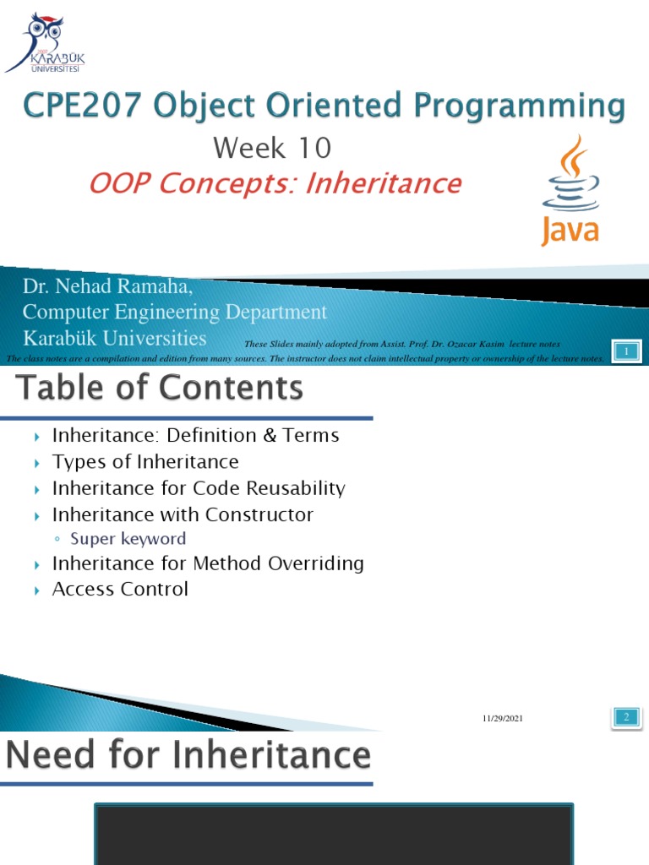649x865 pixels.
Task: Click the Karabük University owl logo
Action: (x=45, y=42)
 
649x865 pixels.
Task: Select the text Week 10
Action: (x=272, y=149)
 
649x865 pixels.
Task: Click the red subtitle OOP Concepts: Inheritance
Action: (x=275, y=183)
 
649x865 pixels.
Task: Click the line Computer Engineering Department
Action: (x=174, y=313)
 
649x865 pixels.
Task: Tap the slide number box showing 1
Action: (x=626, y=351)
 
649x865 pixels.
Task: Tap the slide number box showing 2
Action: (x=626, y=718)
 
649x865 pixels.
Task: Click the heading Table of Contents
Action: (x=159, y=388)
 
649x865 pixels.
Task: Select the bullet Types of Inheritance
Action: (x=145, y=462)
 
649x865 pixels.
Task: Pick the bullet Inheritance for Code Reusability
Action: (x=199, y=488)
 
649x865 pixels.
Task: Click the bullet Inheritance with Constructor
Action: (x=183, y=514)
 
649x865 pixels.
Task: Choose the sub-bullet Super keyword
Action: (x=128, y=539)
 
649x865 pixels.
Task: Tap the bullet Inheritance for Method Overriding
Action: (x=208, y=563)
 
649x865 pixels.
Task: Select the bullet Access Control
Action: (x=120, y=589)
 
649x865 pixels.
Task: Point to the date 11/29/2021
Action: (x=503, y=719)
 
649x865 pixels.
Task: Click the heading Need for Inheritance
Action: (x=188, y=755)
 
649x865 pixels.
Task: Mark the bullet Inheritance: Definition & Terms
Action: (x=195, y=436)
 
